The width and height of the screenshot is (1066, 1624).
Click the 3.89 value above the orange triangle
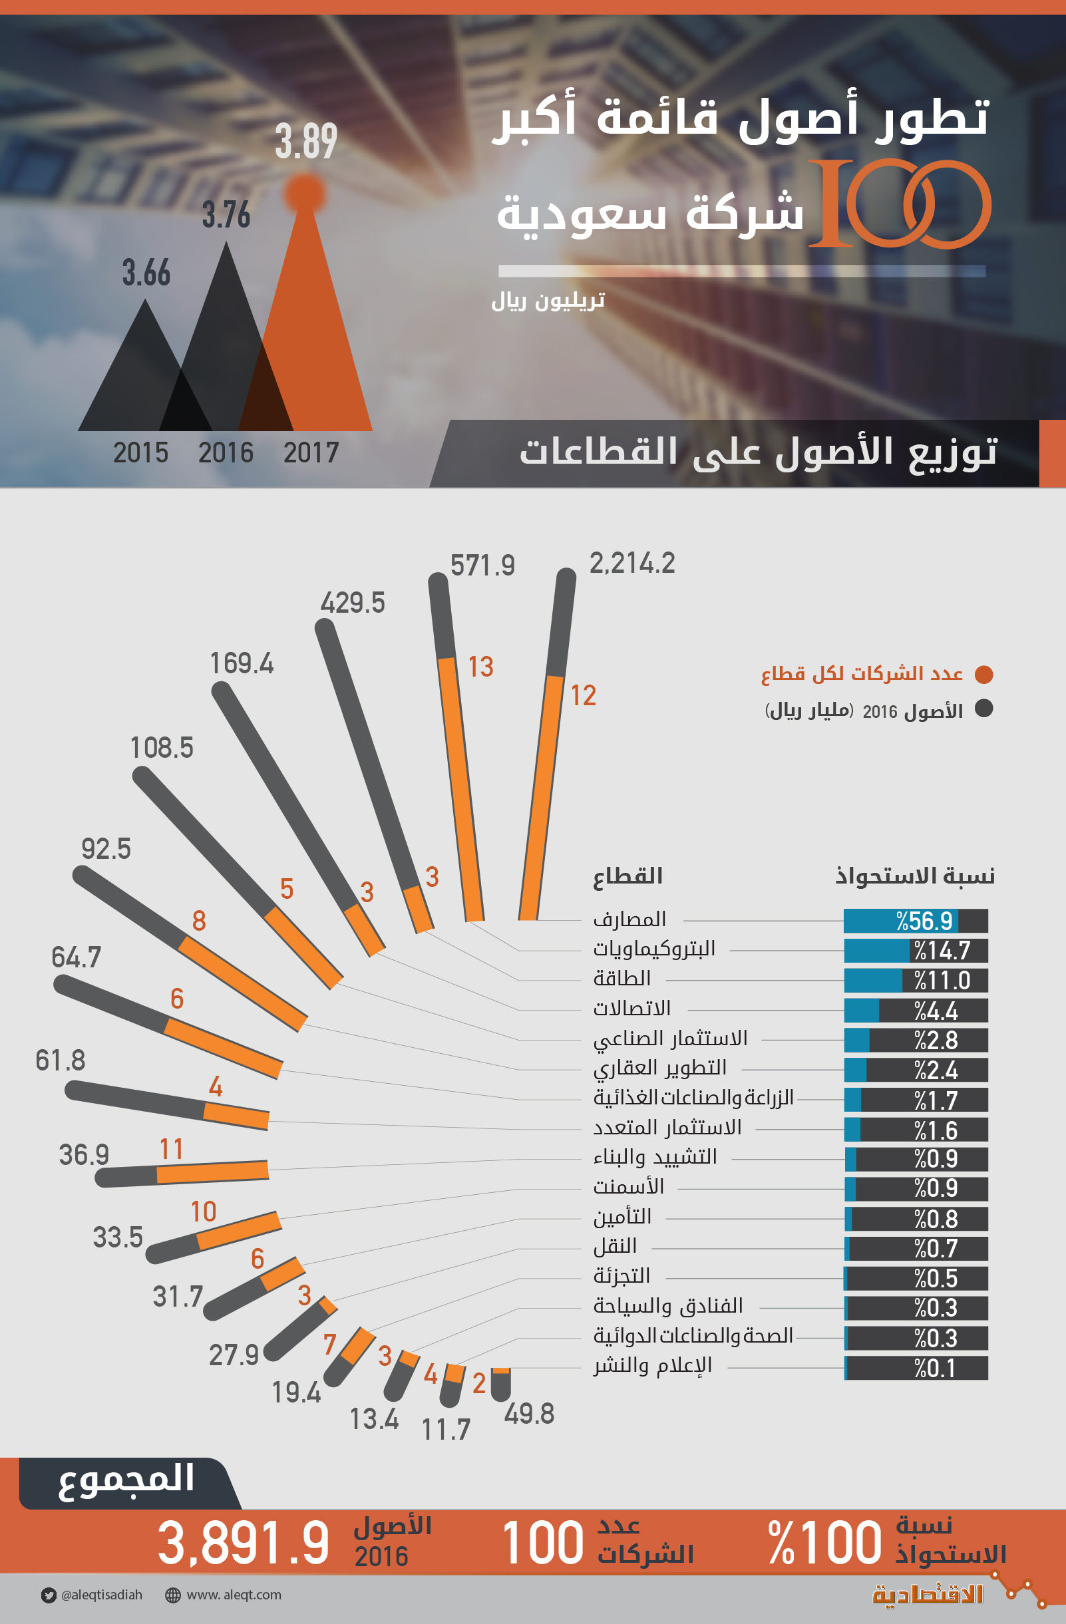(x=305, y=142)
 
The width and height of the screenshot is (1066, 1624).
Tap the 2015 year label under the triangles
(x=140, y=453)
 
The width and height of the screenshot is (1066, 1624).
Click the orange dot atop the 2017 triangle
(x=304, y=193)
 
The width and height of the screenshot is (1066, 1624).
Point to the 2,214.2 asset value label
(x=632, y=564)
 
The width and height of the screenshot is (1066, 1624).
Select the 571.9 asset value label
(x=482, y=566)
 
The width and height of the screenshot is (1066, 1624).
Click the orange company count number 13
(x=480, y=667)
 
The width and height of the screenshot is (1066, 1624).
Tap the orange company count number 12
(x=584, y=695)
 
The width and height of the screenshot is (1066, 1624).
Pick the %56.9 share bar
(x=915, y=921)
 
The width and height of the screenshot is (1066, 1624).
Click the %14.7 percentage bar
(x=915, y=951)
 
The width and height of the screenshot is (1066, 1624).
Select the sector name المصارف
(x=629, y=919)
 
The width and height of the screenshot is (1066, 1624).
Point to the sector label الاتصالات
(x=632, y=1008)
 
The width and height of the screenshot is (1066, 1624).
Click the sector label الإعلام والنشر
(x=652, y=1365)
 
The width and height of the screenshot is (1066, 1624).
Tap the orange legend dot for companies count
(x=983, y=674)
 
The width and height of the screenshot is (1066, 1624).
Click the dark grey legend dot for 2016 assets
(x=983, y=709)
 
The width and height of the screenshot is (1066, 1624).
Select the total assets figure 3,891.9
(x=244, y=1543)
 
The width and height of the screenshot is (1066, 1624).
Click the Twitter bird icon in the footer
(x=49, y=1595)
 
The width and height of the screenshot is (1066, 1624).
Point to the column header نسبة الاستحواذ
(x=915, y=876)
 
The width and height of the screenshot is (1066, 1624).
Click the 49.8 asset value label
(x=529, y=1414)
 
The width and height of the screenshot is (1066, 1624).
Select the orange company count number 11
(x=171, y=1149)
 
